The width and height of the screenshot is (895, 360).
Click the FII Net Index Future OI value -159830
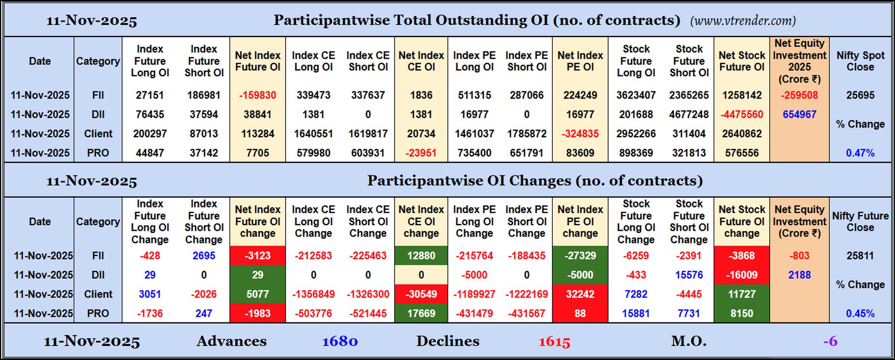point(257,95)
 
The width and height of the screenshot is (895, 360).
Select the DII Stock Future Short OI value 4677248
point(688,114)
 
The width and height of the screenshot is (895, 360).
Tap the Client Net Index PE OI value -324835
point(580,134)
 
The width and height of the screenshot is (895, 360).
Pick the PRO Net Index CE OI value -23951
point(421,153)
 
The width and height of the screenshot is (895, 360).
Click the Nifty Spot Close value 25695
point(860,95)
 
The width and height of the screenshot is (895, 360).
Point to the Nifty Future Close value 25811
point(860,256)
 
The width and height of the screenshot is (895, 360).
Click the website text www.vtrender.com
point(743,21)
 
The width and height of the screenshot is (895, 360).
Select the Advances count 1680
point(340,341)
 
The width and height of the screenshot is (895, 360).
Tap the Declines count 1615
point(554,341)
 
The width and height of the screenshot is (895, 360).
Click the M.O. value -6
point(830,341)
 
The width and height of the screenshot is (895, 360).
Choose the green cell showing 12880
point(421,256)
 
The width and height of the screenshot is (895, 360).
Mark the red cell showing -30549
point(421,294)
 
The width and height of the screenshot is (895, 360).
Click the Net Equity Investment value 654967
point(799,114)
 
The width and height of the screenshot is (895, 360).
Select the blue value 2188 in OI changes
point(799,275)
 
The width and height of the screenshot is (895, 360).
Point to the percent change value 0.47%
point(860,153)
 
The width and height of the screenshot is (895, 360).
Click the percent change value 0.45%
point(860,313)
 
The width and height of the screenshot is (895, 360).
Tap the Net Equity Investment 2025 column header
point(799,61)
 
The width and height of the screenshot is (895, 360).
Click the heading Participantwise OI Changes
point(534,180)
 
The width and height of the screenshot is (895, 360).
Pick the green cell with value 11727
point(741,294)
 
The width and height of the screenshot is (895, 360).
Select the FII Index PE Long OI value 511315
point(474,95)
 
